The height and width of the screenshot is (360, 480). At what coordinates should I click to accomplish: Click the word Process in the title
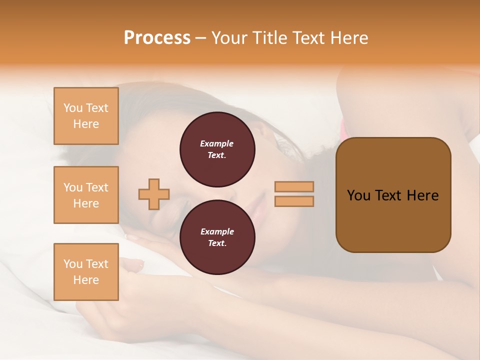coord(157,38)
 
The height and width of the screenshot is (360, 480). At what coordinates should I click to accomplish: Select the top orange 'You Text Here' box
coord(86,116)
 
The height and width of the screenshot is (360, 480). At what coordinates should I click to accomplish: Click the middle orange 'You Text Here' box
coord(86,195)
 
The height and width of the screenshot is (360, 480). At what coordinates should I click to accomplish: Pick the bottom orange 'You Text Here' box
coord(86,271)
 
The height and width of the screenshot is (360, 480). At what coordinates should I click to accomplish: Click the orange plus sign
coord(154,194)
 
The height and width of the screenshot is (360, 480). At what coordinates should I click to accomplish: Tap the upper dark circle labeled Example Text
coord(217,149)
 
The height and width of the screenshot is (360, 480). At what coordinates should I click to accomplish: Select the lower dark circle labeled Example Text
coord(217,237)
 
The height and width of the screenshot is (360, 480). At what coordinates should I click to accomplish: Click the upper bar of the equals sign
coord(294,187)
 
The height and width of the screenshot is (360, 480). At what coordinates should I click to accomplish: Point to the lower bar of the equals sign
coord(294,201)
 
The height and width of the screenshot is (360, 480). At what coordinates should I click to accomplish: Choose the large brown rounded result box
coord(393,195)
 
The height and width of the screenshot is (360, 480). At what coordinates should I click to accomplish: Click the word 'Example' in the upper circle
coord(217,143)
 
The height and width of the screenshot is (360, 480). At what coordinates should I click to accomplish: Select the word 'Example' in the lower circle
coord(217,231)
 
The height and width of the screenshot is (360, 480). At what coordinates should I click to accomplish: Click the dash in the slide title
coord(201,38)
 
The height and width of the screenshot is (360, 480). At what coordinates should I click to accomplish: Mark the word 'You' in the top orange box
coord(73,108)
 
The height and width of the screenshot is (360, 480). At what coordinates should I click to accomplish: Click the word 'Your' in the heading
coord(229,38)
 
